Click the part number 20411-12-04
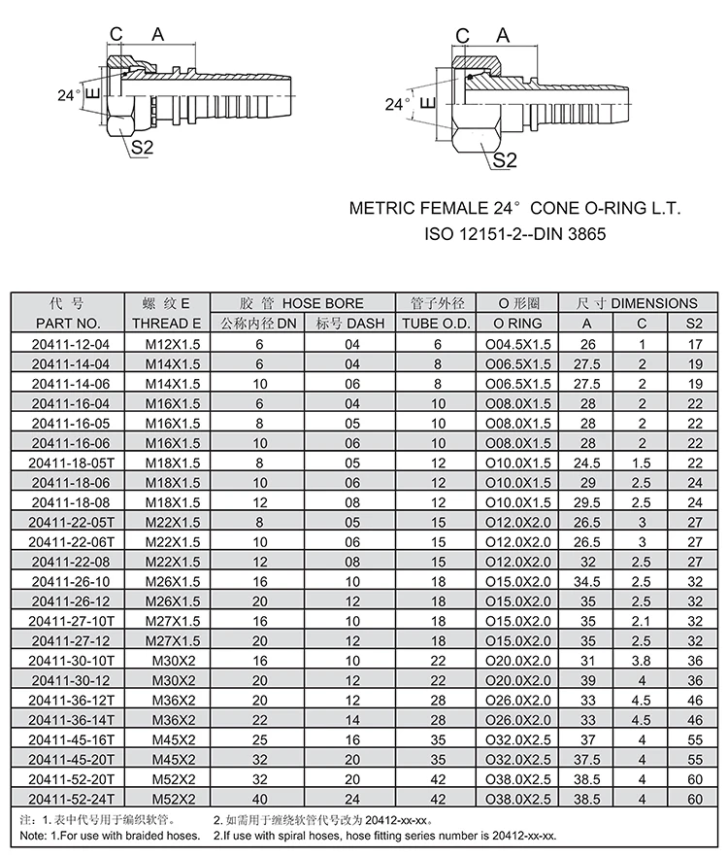coord(66,344)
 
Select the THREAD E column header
coord(166,324)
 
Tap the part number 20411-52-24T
coord(66,799)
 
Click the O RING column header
coord(517,324)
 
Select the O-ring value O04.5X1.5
coord(517,344)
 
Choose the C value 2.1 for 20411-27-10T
coord(642,621)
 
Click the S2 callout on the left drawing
coord(144,148)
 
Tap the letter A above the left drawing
coord(158,35)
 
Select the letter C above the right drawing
coord(463,36)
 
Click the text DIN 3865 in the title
coord(573,233)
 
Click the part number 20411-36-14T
coord(66,720)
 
